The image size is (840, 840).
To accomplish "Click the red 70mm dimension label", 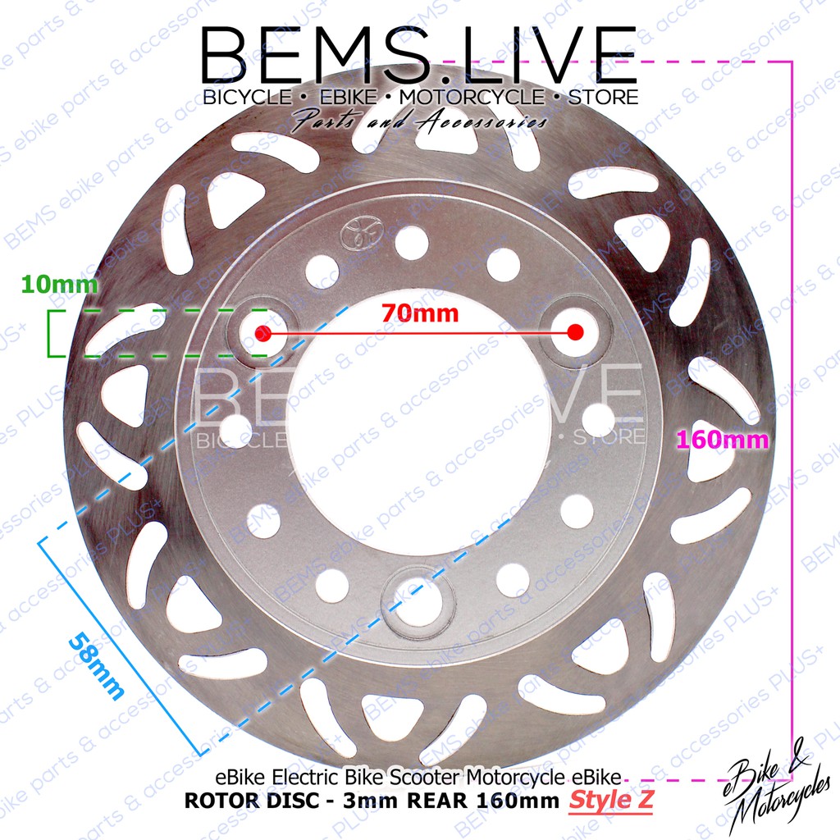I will [x=418, y=313].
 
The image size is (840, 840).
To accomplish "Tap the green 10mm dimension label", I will [x=48, y=285].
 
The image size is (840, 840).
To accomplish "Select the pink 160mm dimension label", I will [x=722, y=440].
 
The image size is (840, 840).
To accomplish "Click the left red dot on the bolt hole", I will [x=262, y=333].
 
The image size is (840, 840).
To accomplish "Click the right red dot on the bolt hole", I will [x=575, y=332].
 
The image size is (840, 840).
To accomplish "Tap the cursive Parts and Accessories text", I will [x=419, y=122].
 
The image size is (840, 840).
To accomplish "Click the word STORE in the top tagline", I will [x=601, y=97].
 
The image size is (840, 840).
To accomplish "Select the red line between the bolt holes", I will [x=418, y=333].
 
